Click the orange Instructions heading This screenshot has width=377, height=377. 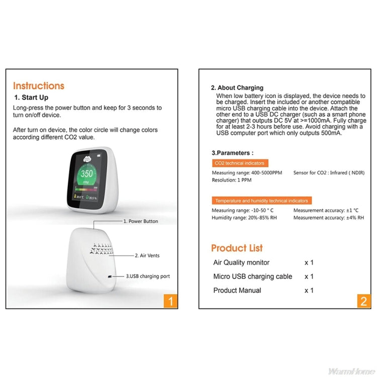coord(39,86)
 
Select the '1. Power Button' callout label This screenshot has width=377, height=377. coord(141,221)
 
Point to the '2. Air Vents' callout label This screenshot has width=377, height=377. coord(147,255)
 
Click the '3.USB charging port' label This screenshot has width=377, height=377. coord(148,276)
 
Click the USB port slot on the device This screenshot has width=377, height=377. coord(109,276)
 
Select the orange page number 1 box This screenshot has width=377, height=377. coord(171,301)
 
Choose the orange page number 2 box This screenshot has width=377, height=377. coord(364,301)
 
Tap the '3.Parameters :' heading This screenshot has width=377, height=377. coord(233,153)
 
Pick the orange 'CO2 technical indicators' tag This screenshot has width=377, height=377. coord(239,163)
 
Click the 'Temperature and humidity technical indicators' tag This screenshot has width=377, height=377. coord(262,201)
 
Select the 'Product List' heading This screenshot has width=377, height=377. coord(237,248)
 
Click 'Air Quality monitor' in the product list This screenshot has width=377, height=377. coord(241,262)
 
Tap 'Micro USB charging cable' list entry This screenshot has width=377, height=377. coord(252,276)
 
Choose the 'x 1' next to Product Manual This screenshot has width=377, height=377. coord(309,291)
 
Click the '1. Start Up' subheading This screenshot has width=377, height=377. coord(31,98)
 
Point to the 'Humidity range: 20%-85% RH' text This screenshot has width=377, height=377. coord(245,218)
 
